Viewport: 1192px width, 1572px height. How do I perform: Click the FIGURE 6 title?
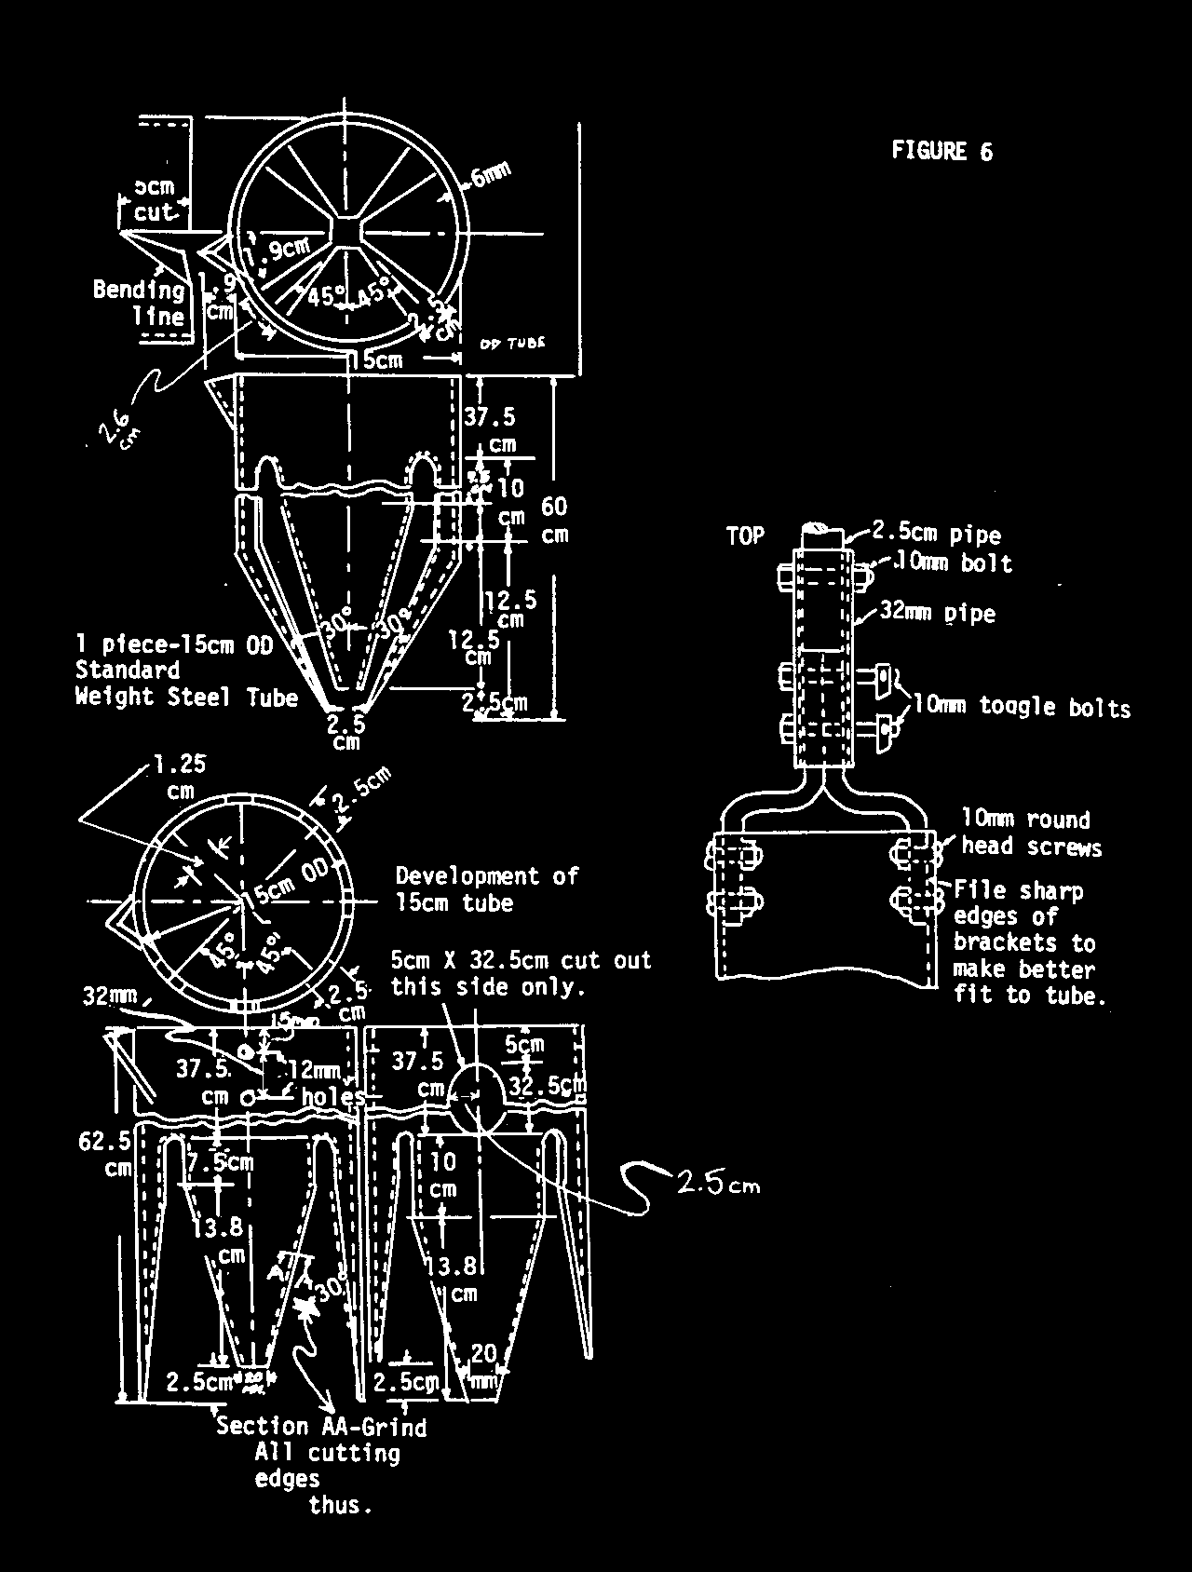click(x=941, y=151)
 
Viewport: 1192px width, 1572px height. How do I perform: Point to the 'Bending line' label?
click(x=139, y=303)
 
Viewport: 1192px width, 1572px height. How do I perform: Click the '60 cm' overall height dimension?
click(x=554, y=520)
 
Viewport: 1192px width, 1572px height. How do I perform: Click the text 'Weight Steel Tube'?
click(x=186, y=697)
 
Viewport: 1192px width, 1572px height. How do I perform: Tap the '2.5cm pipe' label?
click(x=936, y=535)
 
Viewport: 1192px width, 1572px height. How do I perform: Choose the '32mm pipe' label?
click(x=937, y=613)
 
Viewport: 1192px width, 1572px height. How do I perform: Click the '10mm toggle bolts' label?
click(x=1021, y=706)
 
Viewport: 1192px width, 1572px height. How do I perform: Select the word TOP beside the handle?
click(x=745, y=535)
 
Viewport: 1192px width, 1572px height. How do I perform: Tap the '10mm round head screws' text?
click(x=1030, y=833)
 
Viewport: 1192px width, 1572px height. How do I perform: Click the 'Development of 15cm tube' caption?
click(x=486, y=888)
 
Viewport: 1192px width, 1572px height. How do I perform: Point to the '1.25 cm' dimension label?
click(x=180, y=777)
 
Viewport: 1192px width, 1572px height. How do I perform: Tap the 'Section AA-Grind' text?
click(x=320, y=1426)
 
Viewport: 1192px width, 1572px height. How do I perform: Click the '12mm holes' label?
click(x=322, y=1084)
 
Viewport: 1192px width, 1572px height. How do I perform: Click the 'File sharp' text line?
click(x=1018, y=891)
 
